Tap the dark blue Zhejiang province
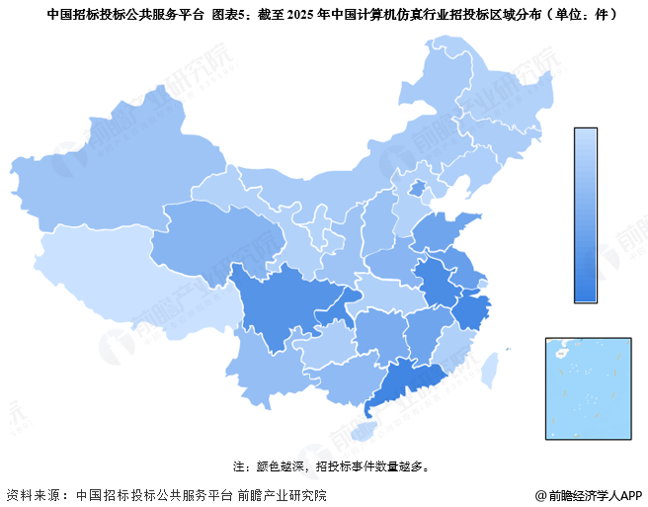(472, 314)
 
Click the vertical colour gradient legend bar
(586, 213)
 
